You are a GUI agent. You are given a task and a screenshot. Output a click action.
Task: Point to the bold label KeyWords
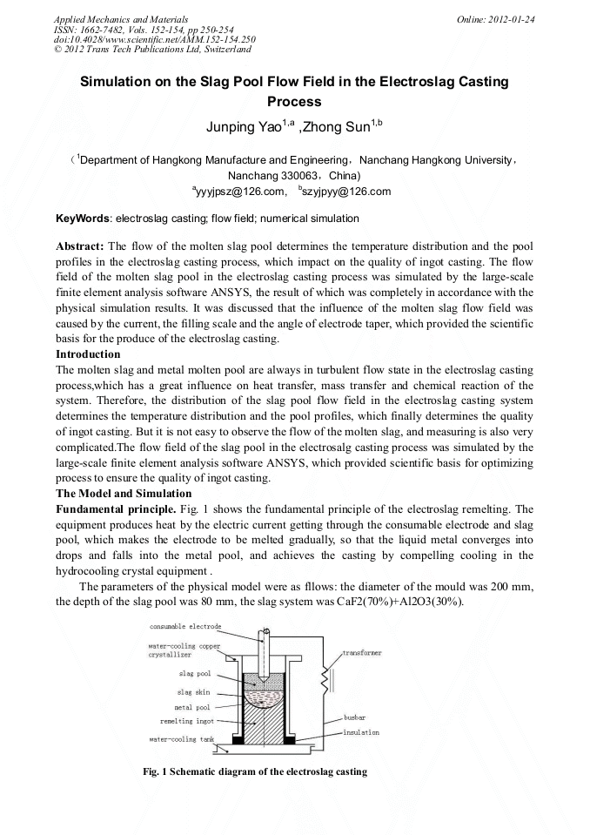[x=84, y=219]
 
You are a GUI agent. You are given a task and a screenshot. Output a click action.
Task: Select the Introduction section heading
[x=88, y=354]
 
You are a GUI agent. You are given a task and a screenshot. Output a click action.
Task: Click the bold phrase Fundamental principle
[x=114, y=508]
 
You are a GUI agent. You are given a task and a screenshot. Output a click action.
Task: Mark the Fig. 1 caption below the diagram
[x=255, y=771]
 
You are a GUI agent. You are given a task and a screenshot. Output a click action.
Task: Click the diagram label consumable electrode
[x=185, y=626]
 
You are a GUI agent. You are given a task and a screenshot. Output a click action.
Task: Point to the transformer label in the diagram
[x=361, y=652]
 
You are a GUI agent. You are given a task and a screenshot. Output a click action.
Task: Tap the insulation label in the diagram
[x=361, y=732]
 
